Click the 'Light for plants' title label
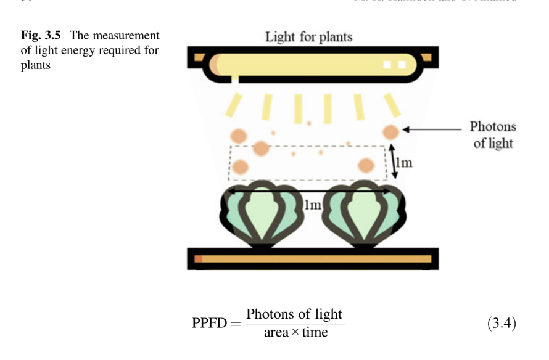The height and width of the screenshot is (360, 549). coord(308,36)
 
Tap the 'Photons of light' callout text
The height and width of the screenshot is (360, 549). coord(492,135)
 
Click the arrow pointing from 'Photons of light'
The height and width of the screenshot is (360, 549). coord(432,129)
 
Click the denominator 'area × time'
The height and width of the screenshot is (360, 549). coord(295,333)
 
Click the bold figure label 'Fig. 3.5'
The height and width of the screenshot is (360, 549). coord(41,36)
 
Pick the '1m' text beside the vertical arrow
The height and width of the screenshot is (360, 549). coord(404,163)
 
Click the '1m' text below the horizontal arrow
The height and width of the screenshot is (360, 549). coord(313,205)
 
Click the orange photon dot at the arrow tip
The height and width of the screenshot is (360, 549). coord(390,131)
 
